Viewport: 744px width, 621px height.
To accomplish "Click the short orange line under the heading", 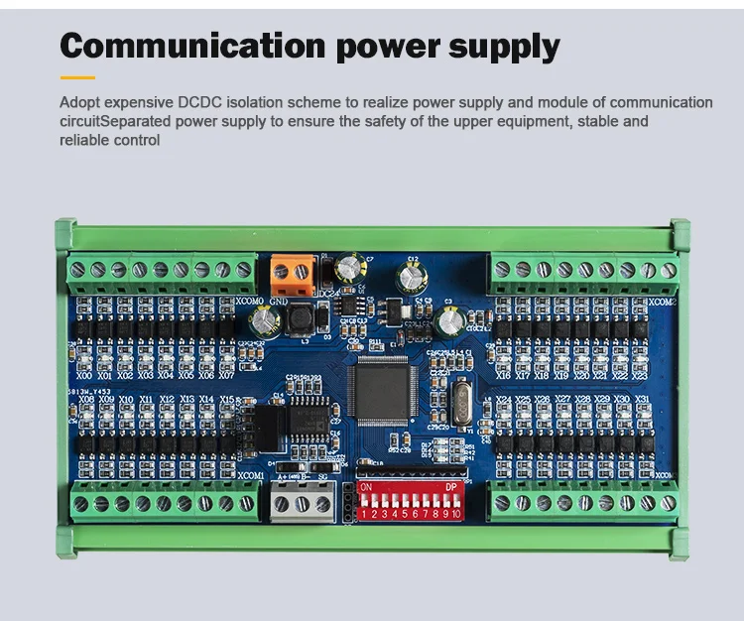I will [77, 77].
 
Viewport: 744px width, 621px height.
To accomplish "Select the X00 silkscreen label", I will [84, 376].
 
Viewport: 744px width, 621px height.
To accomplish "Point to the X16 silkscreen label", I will [504, 376].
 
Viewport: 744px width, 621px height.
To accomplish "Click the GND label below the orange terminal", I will [279, 301].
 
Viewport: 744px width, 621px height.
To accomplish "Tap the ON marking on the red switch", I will [366, 488].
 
